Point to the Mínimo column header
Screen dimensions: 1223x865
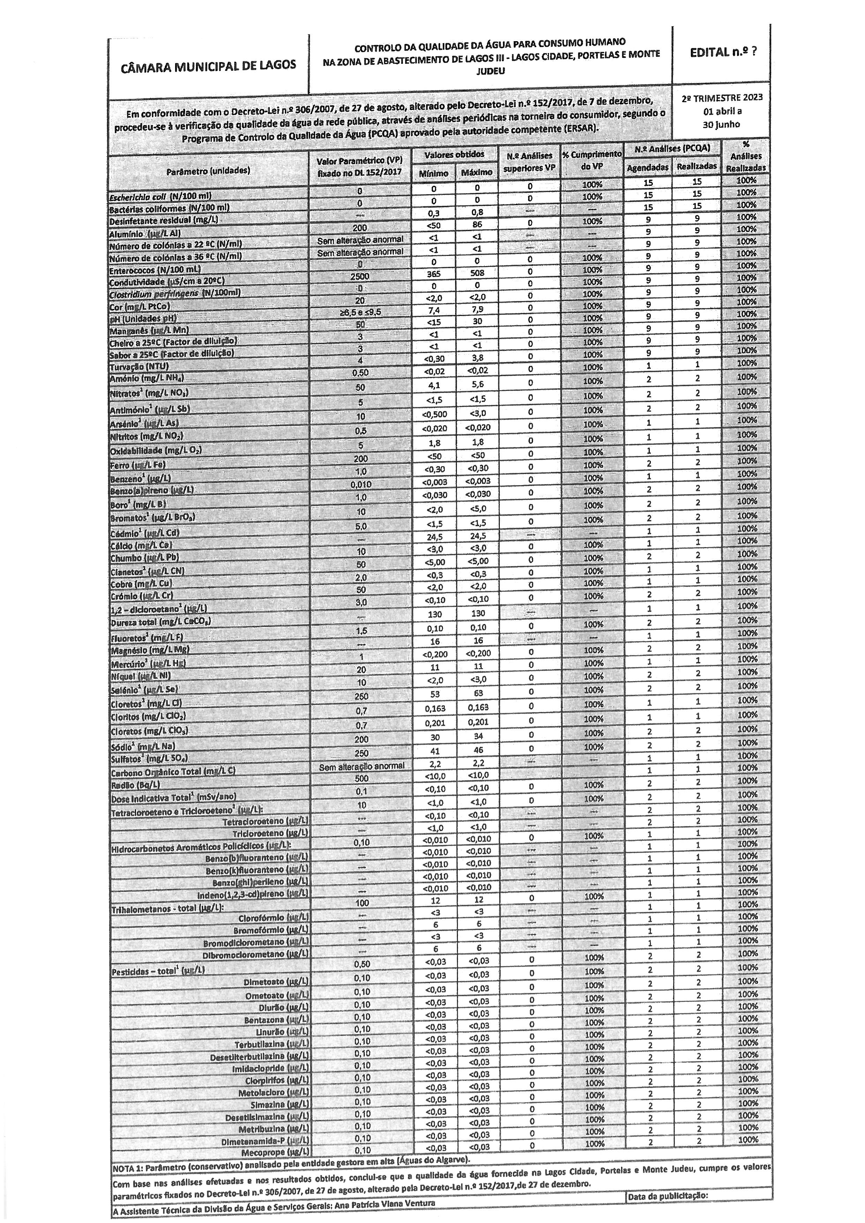(x=433, y=173)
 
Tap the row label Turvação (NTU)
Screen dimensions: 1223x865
(x=139, y=367)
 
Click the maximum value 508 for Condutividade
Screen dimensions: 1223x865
(x=477, y=273)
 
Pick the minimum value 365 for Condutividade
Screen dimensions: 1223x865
(x=433, y=274)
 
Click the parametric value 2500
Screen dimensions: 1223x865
(x=360, y=277)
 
